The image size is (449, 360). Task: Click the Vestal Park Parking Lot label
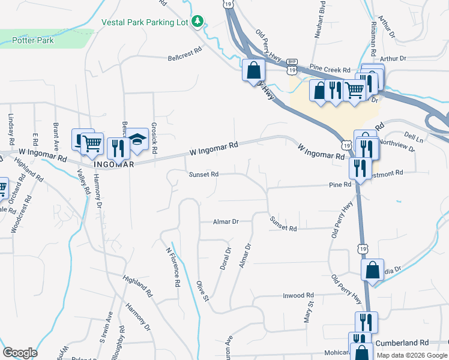click(145, 22)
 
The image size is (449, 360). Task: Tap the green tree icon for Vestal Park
click(197, 22)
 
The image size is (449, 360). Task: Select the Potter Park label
click(33, 41)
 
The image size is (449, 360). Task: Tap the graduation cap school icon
click(137, 140)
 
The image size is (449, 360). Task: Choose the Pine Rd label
click(340, 185)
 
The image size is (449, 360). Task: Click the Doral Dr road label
click(226, 259)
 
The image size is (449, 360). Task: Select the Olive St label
click(202, 290)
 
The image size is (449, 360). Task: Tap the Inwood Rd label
click(298, 295)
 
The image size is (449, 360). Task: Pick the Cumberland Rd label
click(402, 343)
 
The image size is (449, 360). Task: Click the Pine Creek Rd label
click(330, 70)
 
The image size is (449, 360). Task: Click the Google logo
click(20, 353)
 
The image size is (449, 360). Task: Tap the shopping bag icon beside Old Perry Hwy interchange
click(253, 70)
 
